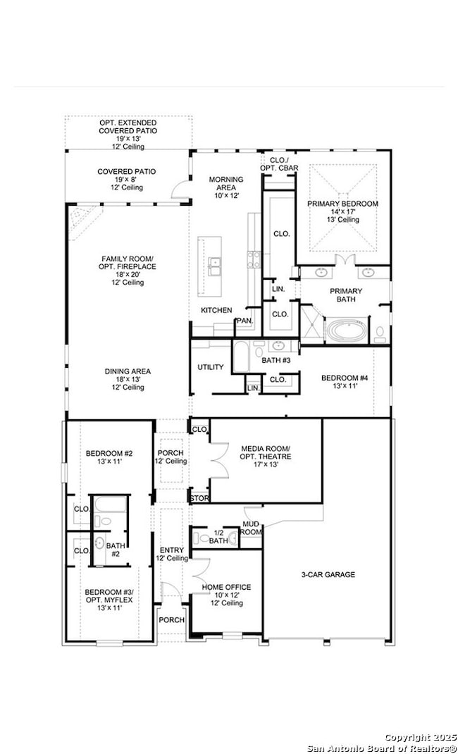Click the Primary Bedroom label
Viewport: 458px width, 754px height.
[x=342, y=204]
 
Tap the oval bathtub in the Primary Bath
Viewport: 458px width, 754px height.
[x=347, y=330]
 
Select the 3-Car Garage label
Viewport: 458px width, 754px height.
[x=328, y=574]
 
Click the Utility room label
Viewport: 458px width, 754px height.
[x=211, y=367]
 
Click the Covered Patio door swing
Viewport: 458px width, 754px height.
[x=181, y=188]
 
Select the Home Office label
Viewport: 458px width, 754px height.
[x=226, y=587]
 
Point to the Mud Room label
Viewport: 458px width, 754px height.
[x=251, y=528]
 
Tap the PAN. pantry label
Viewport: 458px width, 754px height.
[x=245, y=321]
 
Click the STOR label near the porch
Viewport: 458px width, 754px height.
[x=199, y=498]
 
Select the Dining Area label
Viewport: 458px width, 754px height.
[x=128, y=371]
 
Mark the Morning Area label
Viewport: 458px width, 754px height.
[x=226, y=183]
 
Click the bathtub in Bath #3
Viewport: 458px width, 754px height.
[x=240, y=356]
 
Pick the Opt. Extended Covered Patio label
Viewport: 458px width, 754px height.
[x=128, y=127]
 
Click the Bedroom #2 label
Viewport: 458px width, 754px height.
[x=109, y=453]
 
